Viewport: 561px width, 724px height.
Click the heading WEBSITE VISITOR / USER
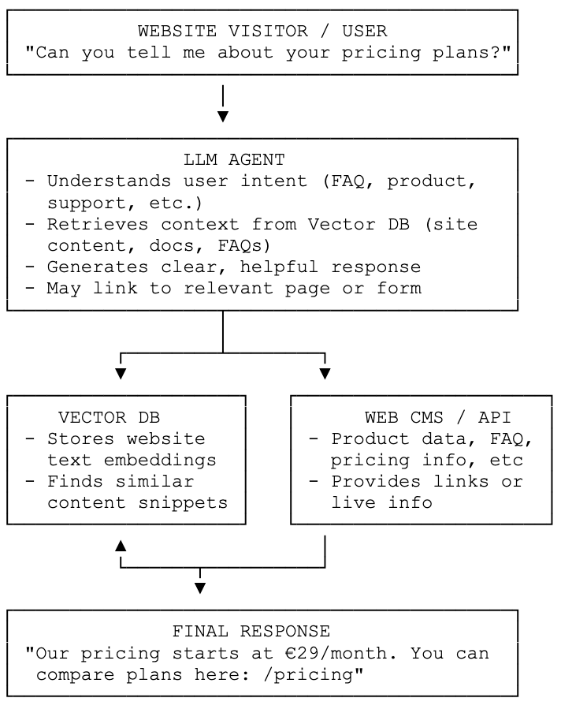click(x=262, y=32)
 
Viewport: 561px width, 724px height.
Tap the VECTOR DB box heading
click(x=110, y=417)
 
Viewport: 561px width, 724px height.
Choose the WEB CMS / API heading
click(x=437, y=417)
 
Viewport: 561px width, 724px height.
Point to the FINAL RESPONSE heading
click(x=251, y=632)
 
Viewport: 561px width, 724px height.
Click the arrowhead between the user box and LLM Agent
click(x=223, y=117)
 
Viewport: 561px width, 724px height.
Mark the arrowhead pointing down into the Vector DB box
click(x=121, y=373)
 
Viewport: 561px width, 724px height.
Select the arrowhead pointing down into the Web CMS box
click(x=325, y=373)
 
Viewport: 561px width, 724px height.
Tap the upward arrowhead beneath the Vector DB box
click(x=121, y=545)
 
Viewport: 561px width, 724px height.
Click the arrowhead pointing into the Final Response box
click(x=200, y=588)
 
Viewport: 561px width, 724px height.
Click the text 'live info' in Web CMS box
click(x=381, y=502)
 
